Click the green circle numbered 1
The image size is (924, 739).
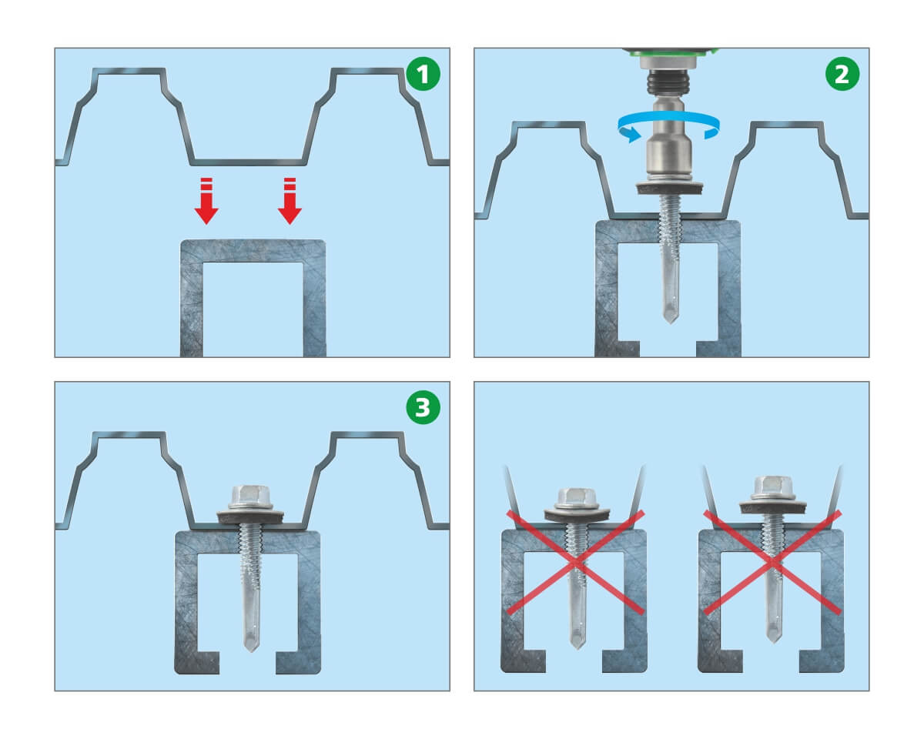(x=423, y=73)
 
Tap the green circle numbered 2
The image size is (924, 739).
(x=842, y=73)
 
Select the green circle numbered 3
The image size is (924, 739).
(x=423, y=407)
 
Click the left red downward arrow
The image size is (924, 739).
(x=206, y=200)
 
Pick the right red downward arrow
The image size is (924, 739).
(x=290, y=200)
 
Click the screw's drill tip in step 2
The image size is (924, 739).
(x=670, y=315)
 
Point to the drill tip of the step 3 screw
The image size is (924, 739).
(x=251, y=642)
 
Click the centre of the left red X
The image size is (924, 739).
(x=576, y=563)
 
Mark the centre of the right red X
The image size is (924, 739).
(x=772, y=562)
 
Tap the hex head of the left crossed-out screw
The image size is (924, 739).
(x=576, y=498)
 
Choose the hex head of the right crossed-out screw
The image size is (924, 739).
(x=773, y=487)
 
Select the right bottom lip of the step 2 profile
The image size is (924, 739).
(x=718, y=349)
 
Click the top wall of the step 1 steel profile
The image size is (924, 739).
(x=253, y=251)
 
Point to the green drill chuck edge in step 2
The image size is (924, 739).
(x=670, y=53)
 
